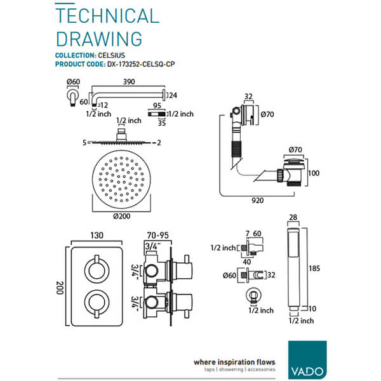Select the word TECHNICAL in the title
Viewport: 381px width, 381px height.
pyautogui.click(x=107, y=16)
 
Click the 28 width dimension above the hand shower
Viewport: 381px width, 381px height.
pyautogui.click(x=293, y=218)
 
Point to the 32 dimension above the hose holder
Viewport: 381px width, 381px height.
pyautogui.click(x=248, y=98)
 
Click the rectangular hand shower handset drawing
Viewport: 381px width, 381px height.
pyautogui.click(x=293, y=267)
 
